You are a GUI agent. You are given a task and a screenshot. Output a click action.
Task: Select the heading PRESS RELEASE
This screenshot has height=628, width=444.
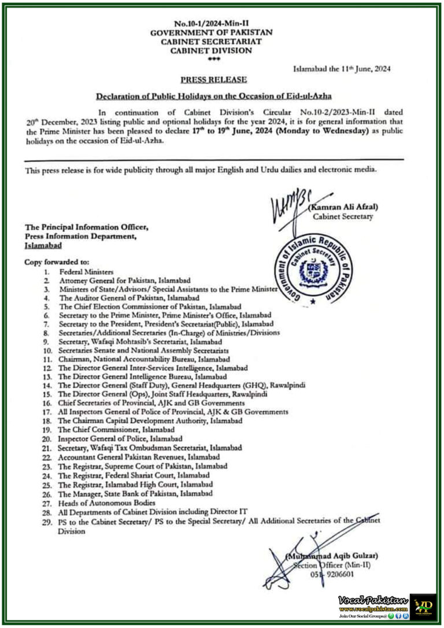[214, 79]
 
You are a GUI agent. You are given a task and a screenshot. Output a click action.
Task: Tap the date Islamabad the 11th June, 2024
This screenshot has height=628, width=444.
[342, 68]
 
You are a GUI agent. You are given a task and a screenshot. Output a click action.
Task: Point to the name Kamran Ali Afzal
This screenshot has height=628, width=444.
[344, 206]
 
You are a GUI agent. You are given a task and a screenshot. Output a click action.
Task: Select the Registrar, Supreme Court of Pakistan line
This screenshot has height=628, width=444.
[139, 465]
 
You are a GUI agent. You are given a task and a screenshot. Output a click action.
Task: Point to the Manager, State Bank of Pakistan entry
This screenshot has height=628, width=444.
[135, 493]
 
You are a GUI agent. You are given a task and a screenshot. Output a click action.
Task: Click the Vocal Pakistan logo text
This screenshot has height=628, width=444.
[373, 599]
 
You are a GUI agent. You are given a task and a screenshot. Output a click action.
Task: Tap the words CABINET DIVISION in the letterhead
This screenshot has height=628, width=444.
[211, 50]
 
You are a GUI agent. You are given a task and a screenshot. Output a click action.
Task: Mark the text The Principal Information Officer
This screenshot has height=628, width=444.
[86, 227]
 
